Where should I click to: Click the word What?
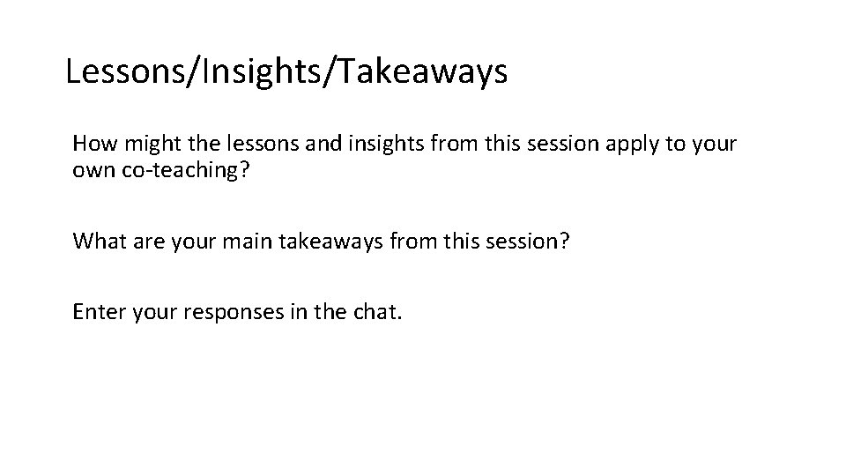[100, 241]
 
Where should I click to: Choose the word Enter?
[99, 311]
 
